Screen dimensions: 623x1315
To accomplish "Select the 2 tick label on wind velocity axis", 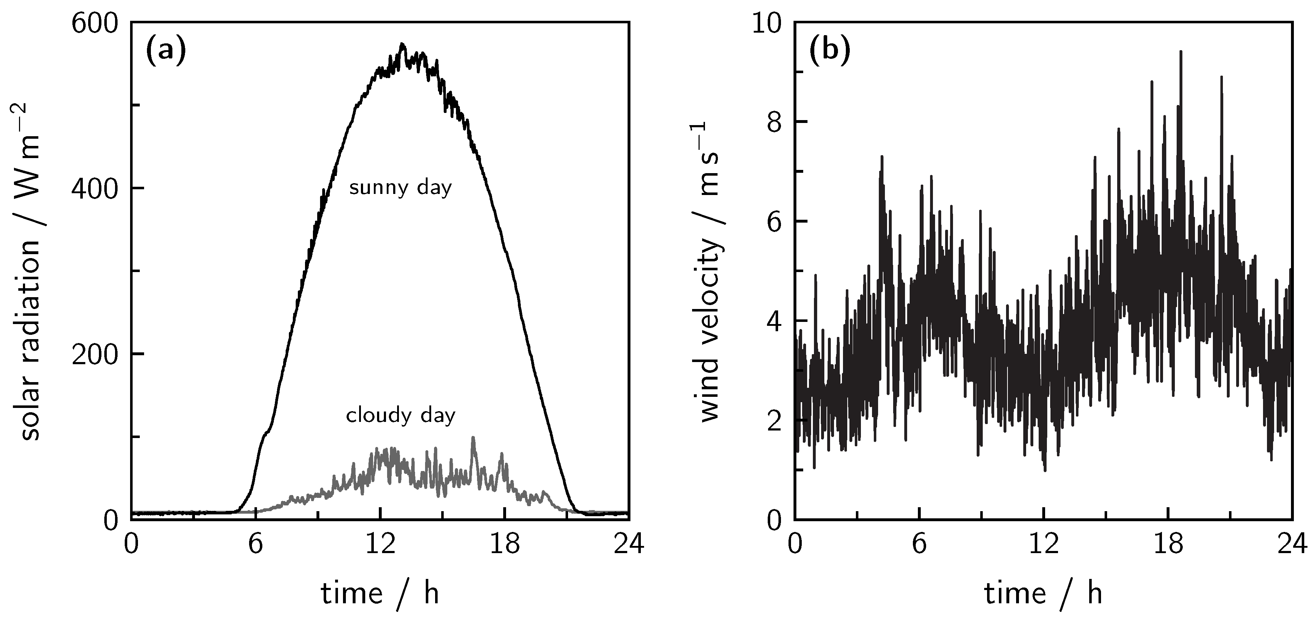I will (775, 421).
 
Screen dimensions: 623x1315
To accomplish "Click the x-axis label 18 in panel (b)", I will (1168, 545).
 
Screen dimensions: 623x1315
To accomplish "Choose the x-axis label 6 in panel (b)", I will (919, 545).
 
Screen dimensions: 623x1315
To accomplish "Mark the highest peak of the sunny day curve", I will (402, 44).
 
